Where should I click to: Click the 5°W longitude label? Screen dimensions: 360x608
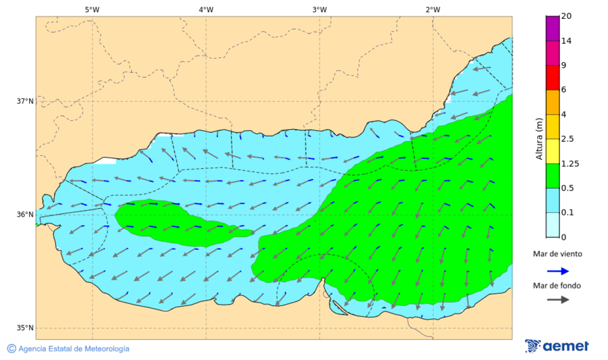click(x=92, y=9)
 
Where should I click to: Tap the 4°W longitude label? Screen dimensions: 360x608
click(x=206, y=9)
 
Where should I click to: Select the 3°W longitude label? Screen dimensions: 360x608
click(x=320, y=9)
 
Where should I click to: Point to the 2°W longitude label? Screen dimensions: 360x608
click(x=433, y=9)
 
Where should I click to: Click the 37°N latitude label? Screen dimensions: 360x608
click(x=25, y=101)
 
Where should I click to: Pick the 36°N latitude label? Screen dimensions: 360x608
click(x=25, y=215)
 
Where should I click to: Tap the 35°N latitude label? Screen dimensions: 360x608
click(x=25, y=328)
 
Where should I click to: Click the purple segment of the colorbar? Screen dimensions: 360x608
click(x=553, y=28)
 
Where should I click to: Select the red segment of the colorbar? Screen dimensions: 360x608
click(x=553, y=77)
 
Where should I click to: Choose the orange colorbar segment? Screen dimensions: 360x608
click(x=553, y=102)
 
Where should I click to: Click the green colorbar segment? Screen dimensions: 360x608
click(x=553, y=176)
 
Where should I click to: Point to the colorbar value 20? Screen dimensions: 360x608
click(x=566, y=17)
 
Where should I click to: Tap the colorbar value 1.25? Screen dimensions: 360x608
click(x=571, y=163)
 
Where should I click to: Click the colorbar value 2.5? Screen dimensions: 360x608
click(x=568, y=139)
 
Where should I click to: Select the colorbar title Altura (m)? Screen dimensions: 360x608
click(x=539, y=138)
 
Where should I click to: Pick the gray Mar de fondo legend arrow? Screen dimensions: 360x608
click(x=557, y=300)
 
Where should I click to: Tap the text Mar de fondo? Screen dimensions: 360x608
click(x=557, y=285)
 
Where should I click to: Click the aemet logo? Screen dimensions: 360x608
click(x=557, y=346)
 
